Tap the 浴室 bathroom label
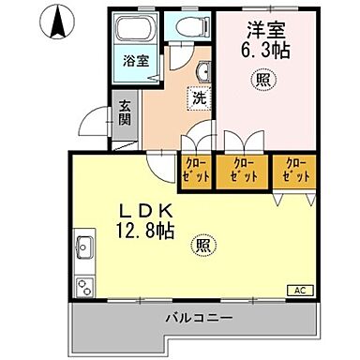click(137, 61)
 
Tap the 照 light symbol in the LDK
click(202, 247)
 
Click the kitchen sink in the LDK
click(82, 248)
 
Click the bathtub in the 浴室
click(137, 34)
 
